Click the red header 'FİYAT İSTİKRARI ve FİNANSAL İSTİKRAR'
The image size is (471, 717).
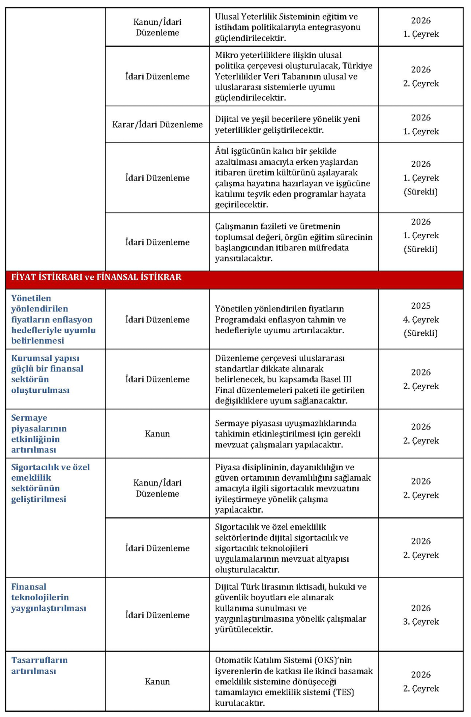click(96, 277)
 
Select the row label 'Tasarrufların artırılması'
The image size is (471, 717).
click(39, 665)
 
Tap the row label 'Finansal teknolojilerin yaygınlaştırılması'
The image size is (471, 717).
click(48, 597)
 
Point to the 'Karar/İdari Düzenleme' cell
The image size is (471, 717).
click(157, 125)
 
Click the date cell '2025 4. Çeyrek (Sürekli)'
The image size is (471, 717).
click(421, 319)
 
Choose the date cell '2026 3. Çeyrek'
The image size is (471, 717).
click(421, 615)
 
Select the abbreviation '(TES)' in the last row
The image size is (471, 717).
click(344, 692)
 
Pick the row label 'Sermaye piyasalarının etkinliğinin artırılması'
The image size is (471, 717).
click(39, 434)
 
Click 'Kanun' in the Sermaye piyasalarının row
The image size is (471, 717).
click(157, 434)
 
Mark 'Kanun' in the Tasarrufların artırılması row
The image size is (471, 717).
click(157, 681)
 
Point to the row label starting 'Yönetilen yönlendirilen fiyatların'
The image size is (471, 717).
click(53, 319)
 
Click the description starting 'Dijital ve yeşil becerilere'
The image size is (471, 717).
click(287, 124)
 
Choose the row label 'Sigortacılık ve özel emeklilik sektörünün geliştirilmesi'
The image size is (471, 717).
click(50, 483)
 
